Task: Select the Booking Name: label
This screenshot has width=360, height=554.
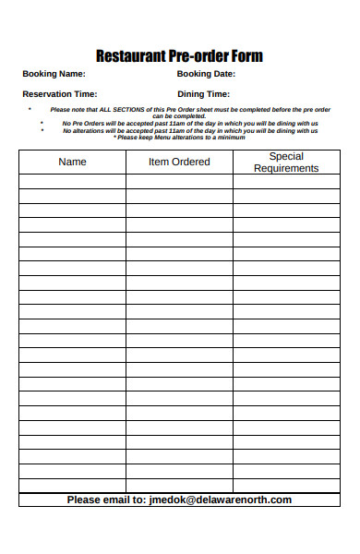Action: [x=54, y=74]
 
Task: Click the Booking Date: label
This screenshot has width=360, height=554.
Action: [x=206, y=74]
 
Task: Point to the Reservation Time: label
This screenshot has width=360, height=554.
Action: [x=60, y=94]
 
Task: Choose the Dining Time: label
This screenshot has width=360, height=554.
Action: [x=203, y=94]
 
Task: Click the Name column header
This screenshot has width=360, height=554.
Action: [x=72, y=162]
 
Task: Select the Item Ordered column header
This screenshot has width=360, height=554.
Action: [x=179, y=162]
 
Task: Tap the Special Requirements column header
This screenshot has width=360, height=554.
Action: [x=286, y=163]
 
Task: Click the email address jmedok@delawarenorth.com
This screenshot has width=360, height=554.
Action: [x=221, y=500]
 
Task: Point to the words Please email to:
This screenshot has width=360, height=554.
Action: [x=106, y=500]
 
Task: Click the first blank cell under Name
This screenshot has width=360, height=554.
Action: [x=72, y=182]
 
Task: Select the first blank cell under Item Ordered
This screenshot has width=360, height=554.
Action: [x=179, y=182]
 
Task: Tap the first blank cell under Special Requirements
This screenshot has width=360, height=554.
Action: [x=286, y=182]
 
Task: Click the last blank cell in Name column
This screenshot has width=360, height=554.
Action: [x=72, y=485]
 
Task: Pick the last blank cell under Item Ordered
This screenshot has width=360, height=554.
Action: [x=179, y=485]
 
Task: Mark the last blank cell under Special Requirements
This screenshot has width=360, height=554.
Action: [x=286, y=485]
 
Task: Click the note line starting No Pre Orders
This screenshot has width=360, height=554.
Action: [x=190, y=123]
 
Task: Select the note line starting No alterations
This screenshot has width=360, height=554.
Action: [x=190, y=130]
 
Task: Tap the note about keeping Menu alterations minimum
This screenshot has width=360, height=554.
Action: [x=180, y=138]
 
